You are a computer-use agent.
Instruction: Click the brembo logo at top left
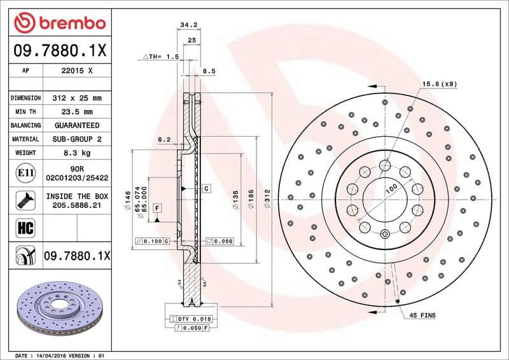(x=59, y=23)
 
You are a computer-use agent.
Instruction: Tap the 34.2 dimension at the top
(x=188, y=25)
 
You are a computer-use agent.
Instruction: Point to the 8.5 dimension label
(x=209, y=72)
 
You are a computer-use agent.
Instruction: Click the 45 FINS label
(x=422, y=315)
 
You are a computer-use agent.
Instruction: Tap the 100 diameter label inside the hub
(x=391, y=188)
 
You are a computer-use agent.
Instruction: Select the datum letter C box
(x=207, y=189)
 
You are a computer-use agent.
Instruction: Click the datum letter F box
(x=157, y=208)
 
